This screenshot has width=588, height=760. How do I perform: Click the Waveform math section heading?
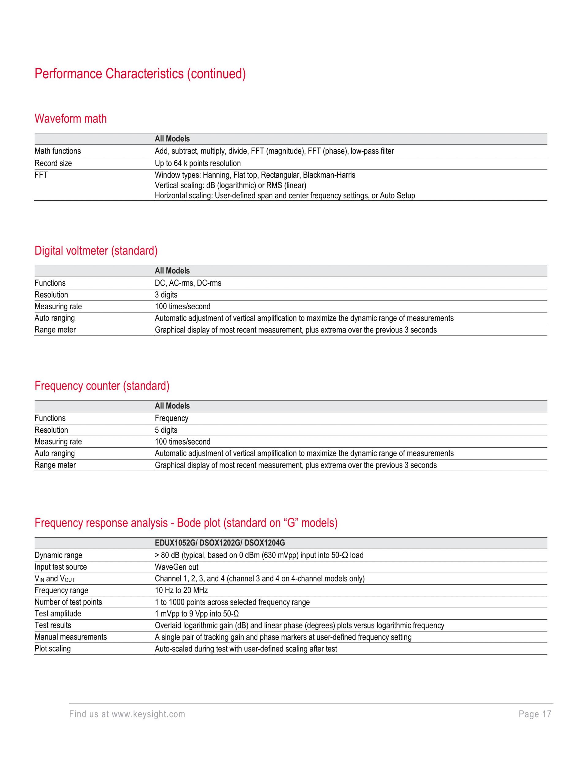70,119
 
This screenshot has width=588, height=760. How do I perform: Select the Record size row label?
53,163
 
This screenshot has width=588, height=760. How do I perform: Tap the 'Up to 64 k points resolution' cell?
198,163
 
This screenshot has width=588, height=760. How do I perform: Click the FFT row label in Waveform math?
41,175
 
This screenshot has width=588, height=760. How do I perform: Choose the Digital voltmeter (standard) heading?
96,251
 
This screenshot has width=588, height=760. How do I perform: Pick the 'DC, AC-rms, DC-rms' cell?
188,283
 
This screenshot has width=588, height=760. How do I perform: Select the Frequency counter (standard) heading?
102,386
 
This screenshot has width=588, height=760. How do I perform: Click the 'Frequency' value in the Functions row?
171,418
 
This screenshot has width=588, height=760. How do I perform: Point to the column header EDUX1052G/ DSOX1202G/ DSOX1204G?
220,542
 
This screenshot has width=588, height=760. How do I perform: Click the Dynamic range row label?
58,555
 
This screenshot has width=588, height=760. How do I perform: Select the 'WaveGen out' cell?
176,567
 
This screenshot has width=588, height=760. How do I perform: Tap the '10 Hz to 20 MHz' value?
181,590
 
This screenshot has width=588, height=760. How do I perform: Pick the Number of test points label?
68,602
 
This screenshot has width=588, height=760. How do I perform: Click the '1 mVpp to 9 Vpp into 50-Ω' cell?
197,613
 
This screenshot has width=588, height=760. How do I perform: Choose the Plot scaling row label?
52,649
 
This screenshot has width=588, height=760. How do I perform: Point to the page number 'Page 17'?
535,714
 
